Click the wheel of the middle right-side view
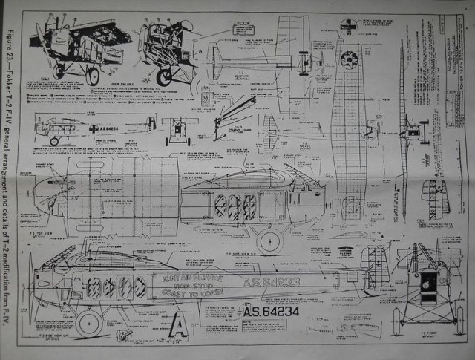pyautogui.click(x=269, y=239)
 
